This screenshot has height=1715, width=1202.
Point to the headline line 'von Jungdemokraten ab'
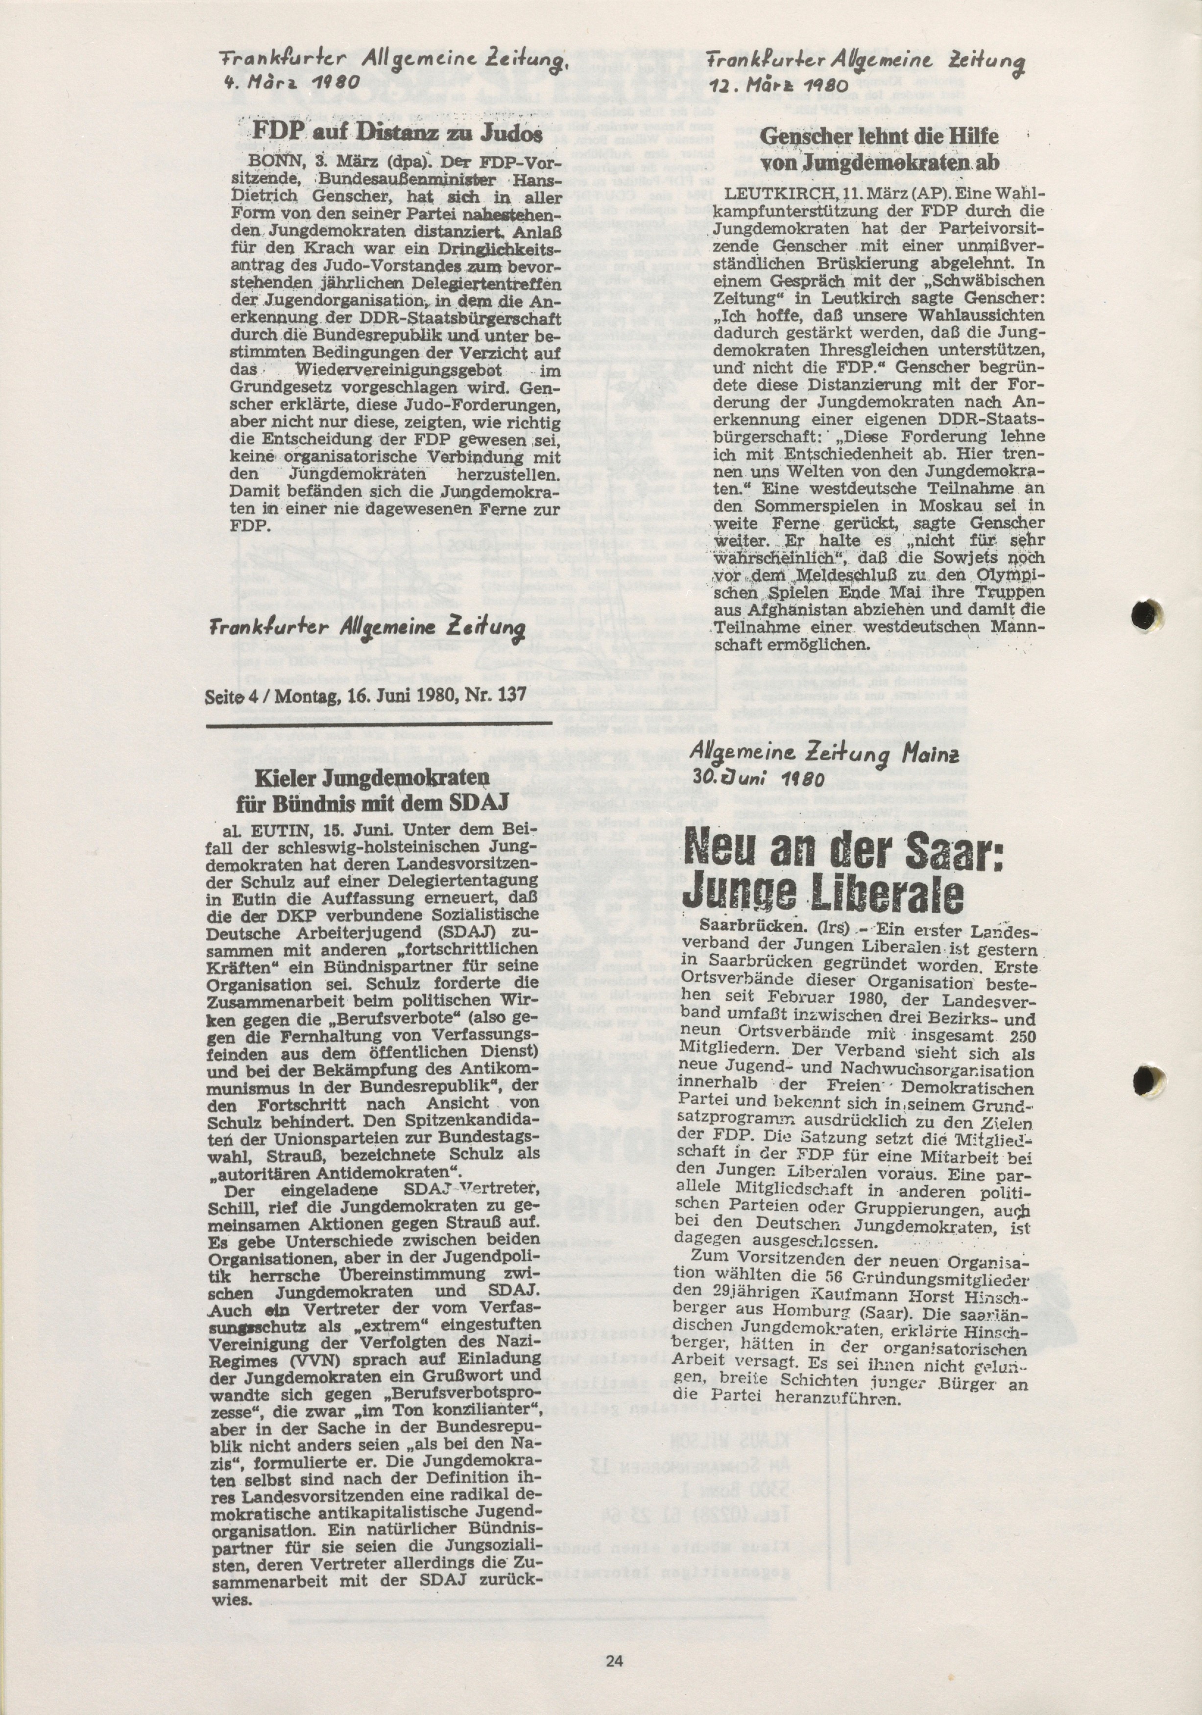879,164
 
